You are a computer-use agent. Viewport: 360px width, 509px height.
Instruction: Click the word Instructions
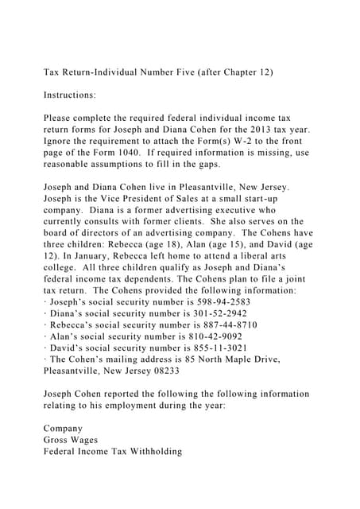(69, 95)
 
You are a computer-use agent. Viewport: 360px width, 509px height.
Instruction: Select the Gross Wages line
(69, 440)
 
